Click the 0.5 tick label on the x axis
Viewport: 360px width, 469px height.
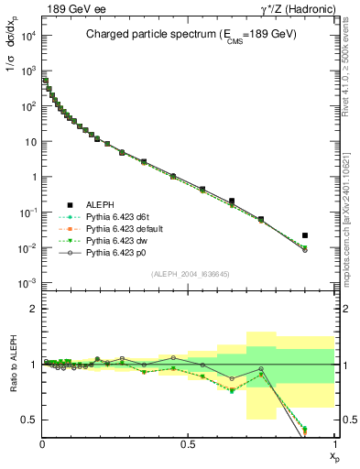coord(189,444)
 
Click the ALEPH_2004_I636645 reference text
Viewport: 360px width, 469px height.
coord(189,274)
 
